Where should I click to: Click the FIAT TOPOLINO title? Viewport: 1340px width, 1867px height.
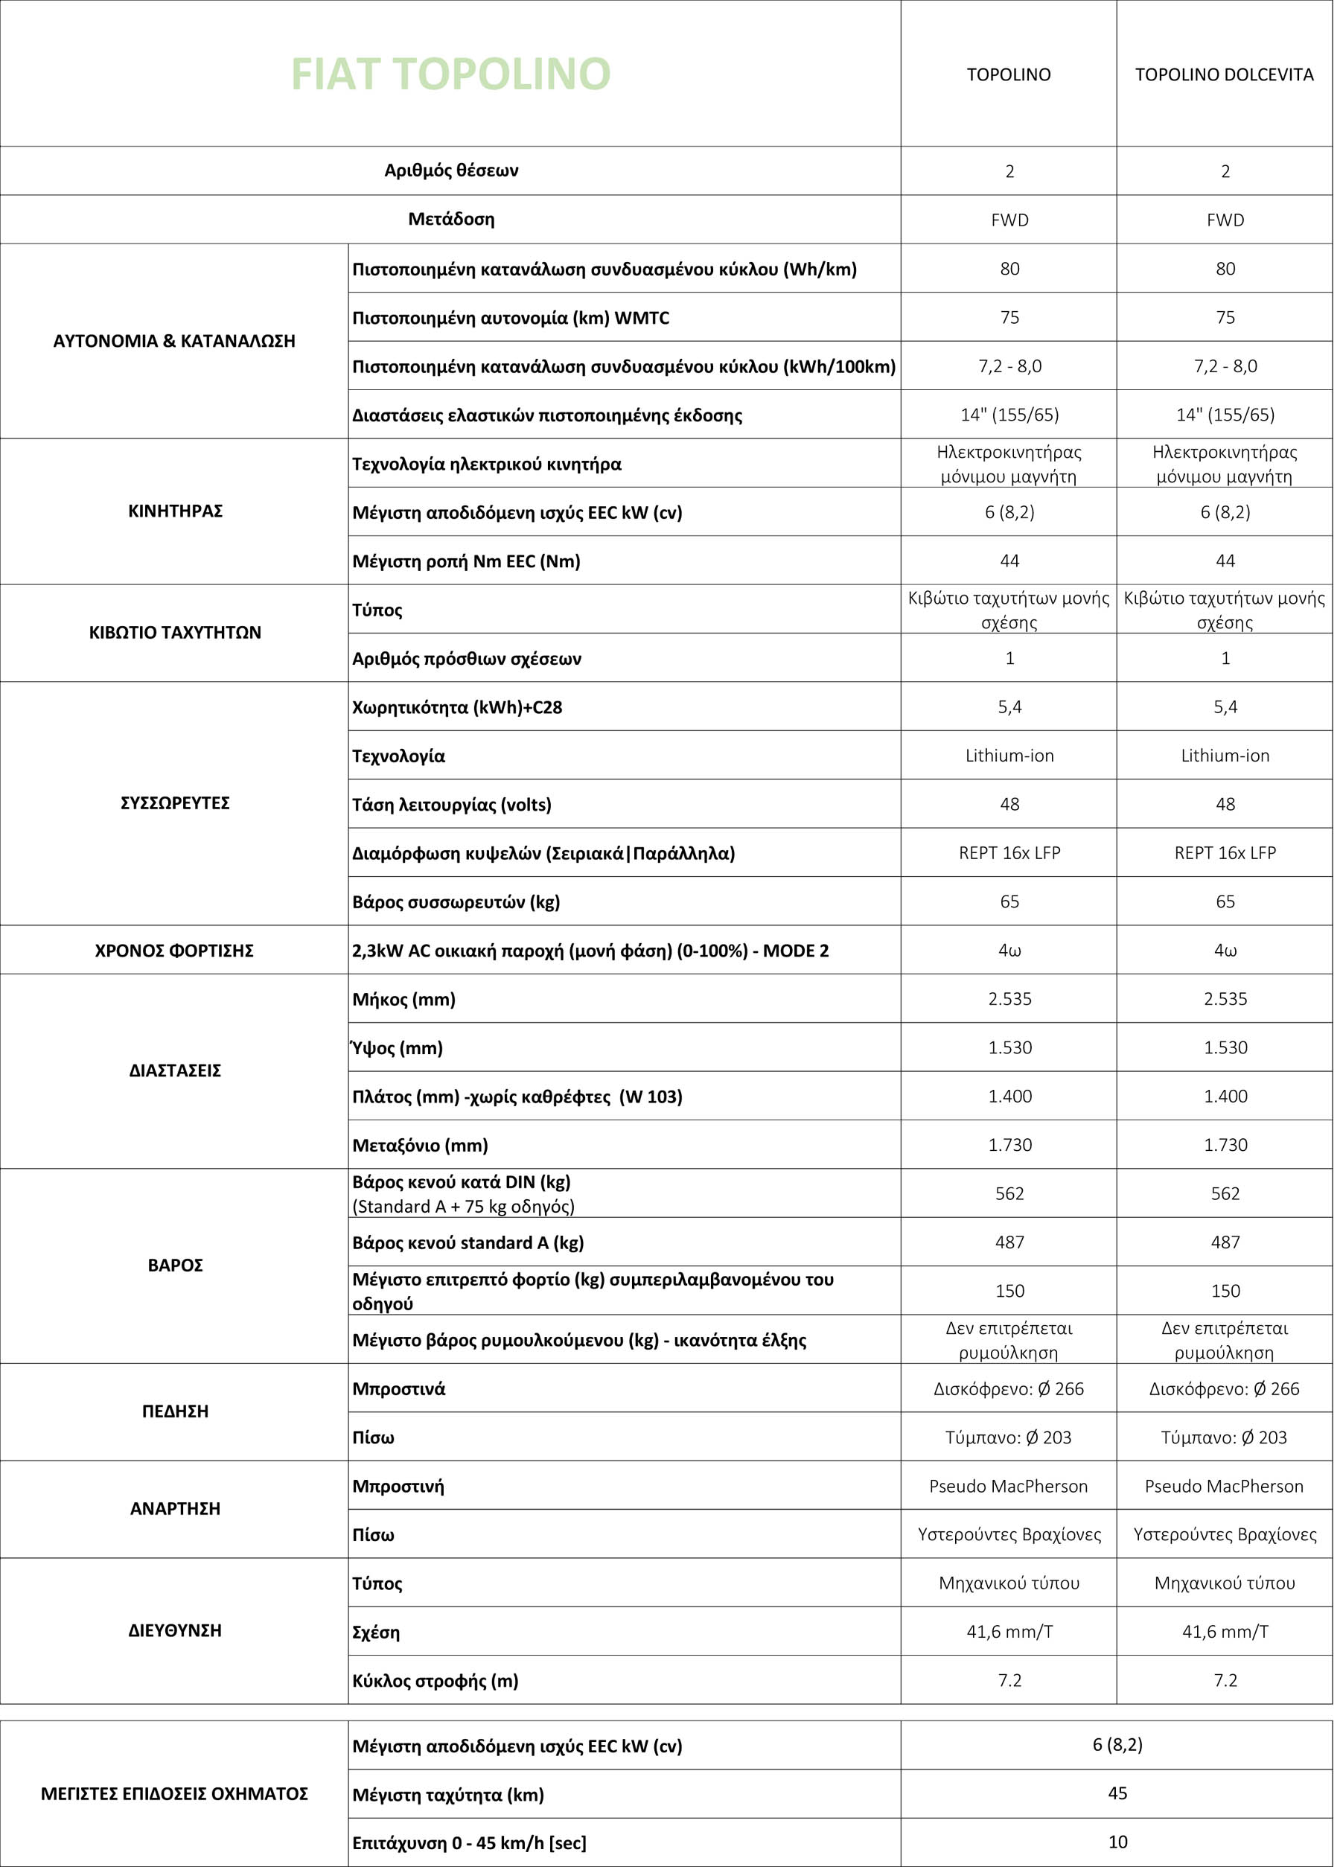tap(450, 74)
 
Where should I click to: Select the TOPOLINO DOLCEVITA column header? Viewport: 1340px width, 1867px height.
tap(1224, 75)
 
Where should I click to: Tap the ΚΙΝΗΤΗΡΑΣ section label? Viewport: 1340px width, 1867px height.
tap(176, 511)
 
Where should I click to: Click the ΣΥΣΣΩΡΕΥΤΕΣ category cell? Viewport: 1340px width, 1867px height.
tap(176, 802)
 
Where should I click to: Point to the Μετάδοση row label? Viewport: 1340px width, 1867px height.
tap(451, 220)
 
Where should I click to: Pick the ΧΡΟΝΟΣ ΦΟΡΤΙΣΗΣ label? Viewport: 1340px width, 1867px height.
tap(174, 950)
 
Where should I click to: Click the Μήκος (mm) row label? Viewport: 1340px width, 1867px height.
tap(404, 999)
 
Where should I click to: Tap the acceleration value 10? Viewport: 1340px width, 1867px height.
tap(1117, 1842)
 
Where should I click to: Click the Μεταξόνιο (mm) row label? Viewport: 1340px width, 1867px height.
tap(420, 1145)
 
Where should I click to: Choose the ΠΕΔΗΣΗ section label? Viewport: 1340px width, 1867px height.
tap(176, 1411)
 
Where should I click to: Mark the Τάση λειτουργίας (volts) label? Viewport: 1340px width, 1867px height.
tap(452, 804)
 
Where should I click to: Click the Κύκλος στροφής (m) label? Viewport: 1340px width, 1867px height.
tap(435, 1681)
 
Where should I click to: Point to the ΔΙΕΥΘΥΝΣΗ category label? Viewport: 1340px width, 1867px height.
tap(176, 1631)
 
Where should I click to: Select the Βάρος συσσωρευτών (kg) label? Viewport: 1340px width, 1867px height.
tap(456, 901)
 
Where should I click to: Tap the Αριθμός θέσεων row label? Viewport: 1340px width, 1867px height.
tap(451, 170)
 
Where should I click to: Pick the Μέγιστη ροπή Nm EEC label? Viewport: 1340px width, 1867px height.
tap(466, 561)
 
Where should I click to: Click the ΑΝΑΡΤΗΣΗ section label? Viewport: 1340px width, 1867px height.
tap(176, 1509)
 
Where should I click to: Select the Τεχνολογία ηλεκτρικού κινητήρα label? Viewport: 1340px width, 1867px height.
tap(486, 465)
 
